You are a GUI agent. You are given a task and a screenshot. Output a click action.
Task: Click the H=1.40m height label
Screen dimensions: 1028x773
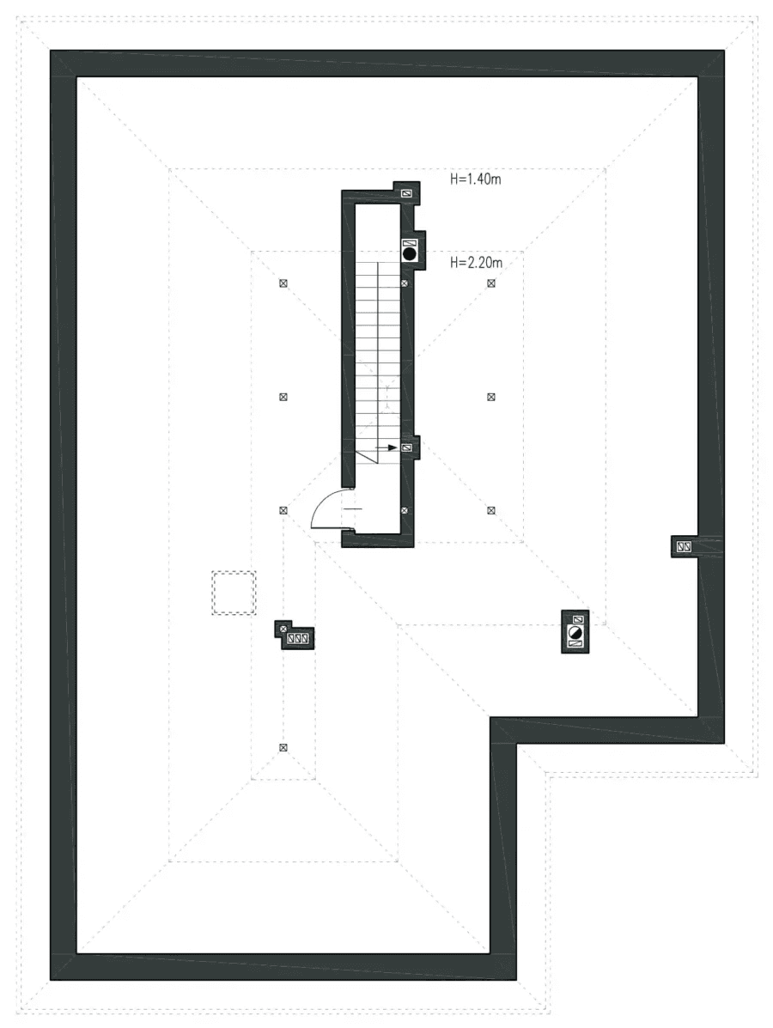[475, 179]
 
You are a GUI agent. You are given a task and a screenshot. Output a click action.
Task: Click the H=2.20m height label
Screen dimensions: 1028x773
[475, 262]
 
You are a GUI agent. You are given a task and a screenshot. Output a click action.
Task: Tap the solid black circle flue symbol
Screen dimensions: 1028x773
[410, 253]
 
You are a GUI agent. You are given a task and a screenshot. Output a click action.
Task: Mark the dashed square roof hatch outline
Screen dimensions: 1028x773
[234, 593]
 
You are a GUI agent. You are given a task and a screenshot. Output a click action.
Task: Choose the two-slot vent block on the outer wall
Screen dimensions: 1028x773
[685, 546]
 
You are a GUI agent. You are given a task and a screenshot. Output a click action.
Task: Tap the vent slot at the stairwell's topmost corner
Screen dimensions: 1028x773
[406, 194]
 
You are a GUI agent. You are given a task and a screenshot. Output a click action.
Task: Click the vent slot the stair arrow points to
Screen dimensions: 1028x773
[407, 447]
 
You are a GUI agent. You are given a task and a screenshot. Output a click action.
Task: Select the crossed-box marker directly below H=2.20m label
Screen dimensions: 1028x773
[491, 283]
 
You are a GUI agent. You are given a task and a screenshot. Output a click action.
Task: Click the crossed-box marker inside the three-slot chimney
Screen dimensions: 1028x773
[283, 629]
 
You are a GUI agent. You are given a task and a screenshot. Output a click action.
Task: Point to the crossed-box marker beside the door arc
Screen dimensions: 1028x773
[283, 510]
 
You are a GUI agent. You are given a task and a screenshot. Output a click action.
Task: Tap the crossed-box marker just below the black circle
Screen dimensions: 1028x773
[405, 283]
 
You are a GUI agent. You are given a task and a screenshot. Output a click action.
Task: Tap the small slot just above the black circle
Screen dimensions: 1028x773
[410, 242]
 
